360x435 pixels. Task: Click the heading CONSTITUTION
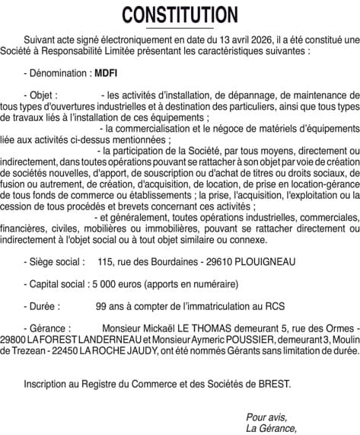coord(180,14)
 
